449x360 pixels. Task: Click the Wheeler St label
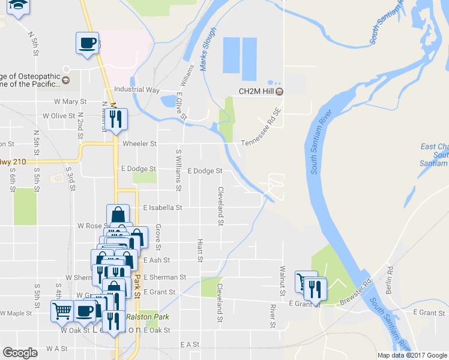[139, 144]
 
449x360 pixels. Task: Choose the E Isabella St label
[162, 208]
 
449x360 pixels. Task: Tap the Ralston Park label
[148, 317]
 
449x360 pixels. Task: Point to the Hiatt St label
[200, 250]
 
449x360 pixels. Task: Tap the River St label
[273, 316]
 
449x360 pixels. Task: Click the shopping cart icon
[62, 311]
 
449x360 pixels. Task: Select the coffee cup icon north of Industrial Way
[87, 43]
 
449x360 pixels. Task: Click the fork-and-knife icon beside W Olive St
[116, 118]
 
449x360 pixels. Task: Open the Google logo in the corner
[20, 353]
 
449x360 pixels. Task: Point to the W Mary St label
[70, 102]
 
